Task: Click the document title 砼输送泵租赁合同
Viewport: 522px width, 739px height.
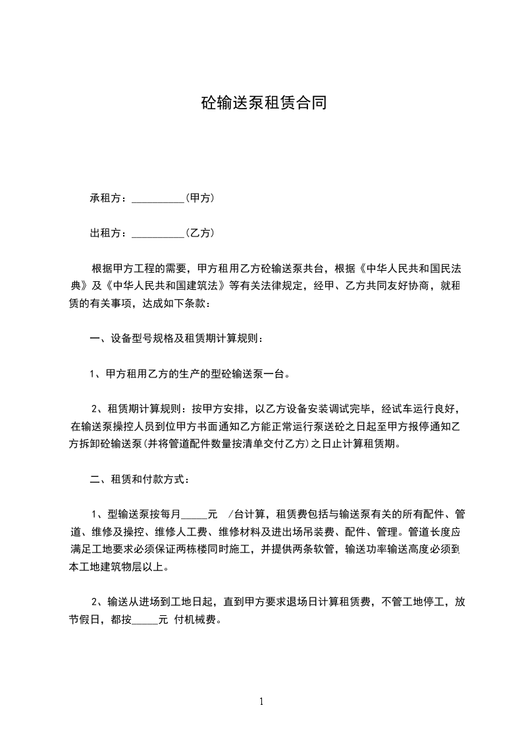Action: pos(263,103)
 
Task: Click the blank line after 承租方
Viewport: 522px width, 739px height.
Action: pos(158,198)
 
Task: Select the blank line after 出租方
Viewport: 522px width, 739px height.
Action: pos(158,234)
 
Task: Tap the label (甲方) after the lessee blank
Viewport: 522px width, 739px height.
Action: pos(200,198)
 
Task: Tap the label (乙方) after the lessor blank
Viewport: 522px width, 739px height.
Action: pos(200,233)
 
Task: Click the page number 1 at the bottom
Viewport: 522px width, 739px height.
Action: pos(261,701)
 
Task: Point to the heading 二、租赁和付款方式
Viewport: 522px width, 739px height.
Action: pos(140,479)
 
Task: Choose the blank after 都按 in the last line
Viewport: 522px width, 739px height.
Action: pos(145,620)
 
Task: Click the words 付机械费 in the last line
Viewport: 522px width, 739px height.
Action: pos(195,620)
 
